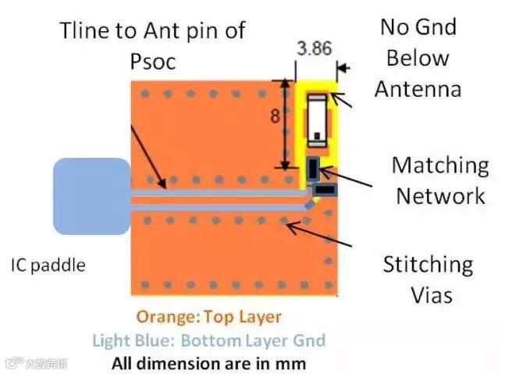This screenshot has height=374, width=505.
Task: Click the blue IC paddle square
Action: (x=91, y=196)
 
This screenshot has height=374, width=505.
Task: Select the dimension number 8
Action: (x=276, y=117)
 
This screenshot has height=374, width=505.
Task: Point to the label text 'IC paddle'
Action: (x=48, y=265)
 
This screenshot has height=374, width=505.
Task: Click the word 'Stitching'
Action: (x=427, y=265)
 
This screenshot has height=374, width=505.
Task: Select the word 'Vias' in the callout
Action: (x=431, y=295)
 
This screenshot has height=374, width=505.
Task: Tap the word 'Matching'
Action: (x=440, y=166)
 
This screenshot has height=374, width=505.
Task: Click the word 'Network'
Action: (x=440, y=195)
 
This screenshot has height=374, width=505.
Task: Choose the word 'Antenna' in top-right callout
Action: (x=418, y=88)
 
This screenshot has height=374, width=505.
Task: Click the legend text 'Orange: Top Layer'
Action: (x=208, y=317)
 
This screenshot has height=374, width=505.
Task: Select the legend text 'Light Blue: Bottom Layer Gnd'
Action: (x=208, y=340)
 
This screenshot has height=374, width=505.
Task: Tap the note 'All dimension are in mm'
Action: (x=208, y=363)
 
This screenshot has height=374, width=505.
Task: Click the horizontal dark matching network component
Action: (x=324, y=188)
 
